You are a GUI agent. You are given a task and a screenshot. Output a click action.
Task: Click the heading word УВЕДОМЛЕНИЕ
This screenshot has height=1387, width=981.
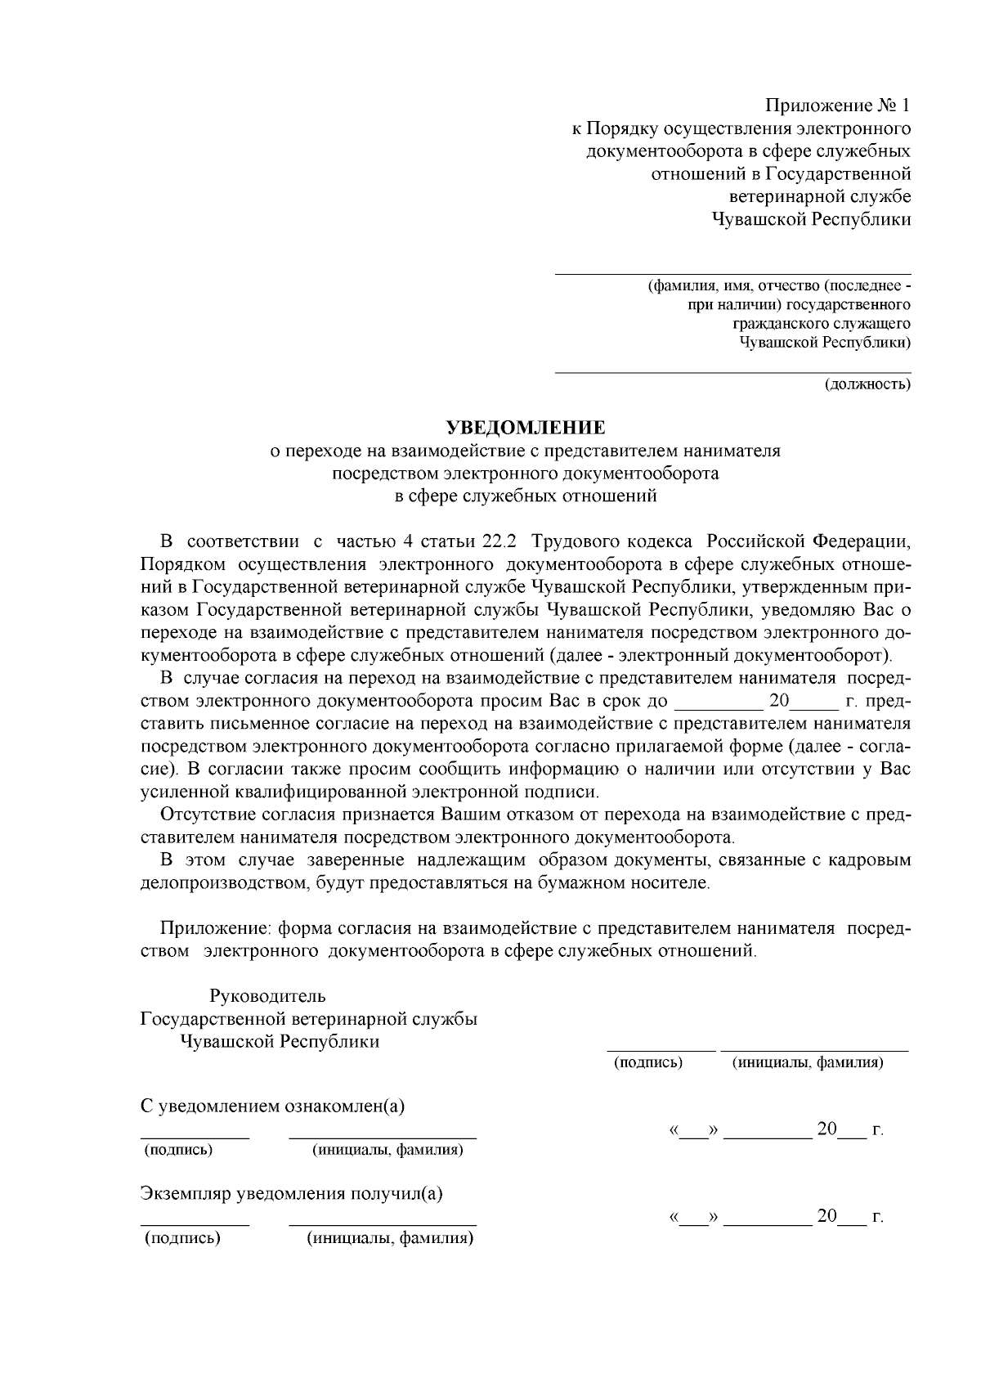click(526, 428)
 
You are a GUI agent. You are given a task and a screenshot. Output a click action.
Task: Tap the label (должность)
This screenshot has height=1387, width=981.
click(867, 384)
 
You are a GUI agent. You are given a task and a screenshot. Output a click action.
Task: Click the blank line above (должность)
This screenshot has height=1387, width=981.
click(732, 372)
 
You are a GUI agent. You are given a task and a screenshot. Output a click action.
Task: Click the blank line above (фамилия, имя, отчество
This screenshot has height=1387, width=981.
click(732, 274)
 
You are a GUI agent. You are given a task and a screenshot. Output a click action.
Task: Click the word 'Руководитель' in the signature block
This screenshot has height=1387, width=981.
click(267, 996)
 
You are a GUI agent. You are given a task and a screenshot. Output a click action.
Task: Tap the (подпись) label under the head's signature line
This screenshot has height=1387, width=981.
click(648, 1062)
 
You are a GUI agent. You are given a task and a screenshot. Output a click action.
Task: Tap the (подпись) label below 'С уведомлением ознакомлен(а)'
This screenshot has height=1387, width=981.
click(178, 1150)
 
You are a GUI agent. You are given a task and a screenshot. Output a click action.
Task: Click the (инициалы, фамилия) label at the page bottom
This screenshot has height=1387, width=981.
click(390, 1237)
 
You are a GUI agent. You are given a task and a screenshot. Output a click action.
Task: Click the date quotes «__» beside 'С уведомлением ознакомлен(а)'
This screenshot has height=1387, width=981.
click(693, 1131)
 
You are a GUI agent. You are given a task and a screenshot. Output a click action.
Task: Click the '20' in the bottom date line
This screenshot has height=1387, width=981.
click(826, 1216)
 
